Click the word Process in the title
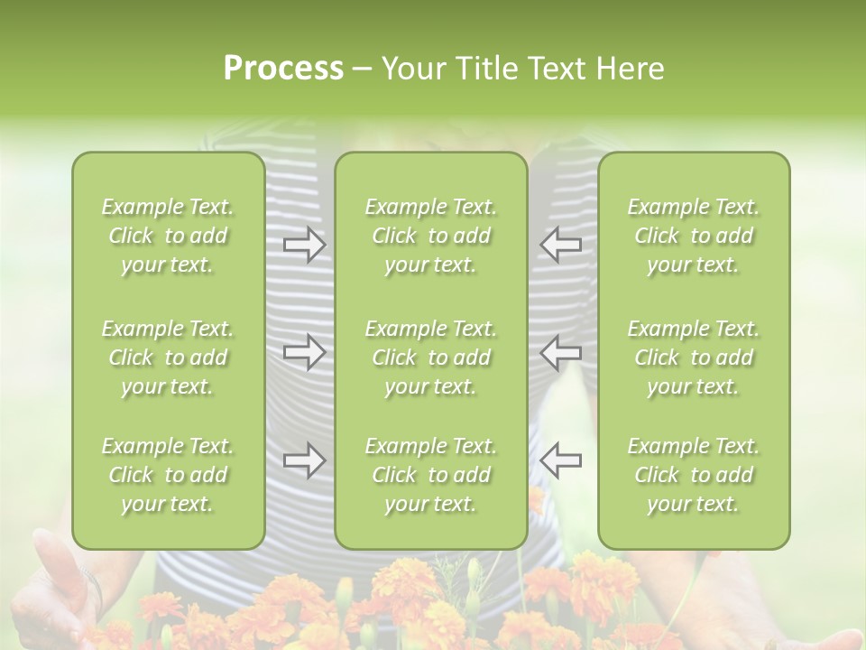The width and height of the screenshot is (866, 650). pyautogui.click(x=283, y=69)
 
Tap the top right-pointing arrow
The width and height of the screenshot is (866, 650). pyautogui.click(x=304, y=245)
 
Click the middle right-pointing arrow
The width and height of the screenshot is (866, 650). pyautogui.click(x=304, y=352)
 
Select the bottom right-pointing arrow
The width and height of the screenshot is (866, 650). pyautogui.click(x=304, y=460)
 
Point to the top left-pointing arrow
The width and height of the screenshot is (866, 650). pyautogui.click(x=560, y=245)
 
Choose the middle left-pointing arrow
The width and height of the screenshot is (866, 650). pyautogui.click(x=560, y=352)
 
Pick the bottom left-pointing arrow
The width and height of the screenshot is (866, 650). pyautogui.click(x=560, y=460)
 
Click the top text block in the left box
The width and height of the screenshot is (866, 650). pyautogui.click(x=168, y=236)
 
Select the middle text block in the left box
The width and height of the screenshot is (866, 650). pyautogui.click(x=168, y=357)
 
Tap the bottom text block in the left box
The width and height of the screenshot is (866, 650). pyautogui.click(x=168, y=475)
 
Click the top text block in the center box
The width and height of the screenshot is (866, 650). pyautogui.click(x=431, y=236)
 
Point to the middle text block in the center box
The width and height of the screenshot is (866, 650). pyautogui.click(x=431, y=357)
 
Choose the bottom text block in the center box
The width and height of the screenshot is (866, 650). pyautogui.click(x=431, y=475)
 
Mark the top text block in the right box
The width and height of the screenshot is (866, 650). pyautogui.click(x=694, y=236)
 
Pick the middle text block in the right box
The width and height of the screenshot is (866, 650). pyautogui.click(x=694, y=357)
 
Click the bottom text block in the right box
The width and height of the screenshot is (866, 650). pyautogui.click(x=694, y=475)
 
